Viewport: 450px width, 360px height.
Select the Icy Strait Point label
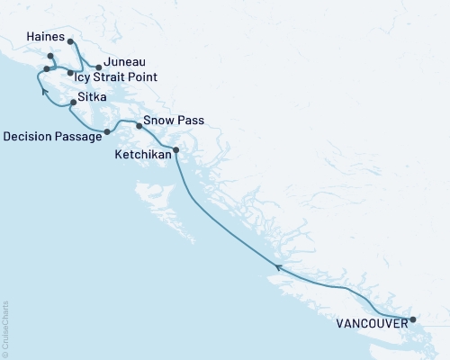[x=116, y=77]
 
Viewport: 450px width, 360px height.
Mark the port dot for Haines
[x=70, y=41]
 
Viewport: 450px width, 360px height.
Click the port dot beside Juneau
[x=98, y=67]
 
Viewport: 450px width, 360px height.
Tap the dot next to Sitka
[x=73, y=103]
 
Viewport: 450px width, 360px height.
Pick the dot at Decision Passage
[x=107, y=132]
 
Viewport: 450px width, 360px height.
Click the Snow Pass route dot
[x=139, y=126]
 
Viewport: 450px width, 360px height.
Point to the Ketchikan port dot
[x=175, y=149]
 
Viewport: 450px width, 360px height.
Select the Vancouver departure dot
[x=413, y=319]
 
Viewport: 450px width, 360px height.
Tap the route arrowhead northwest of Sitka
[x=42, y=89]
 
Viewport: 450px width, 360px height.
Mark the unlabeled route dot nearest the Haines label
[x=50, y=57]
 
